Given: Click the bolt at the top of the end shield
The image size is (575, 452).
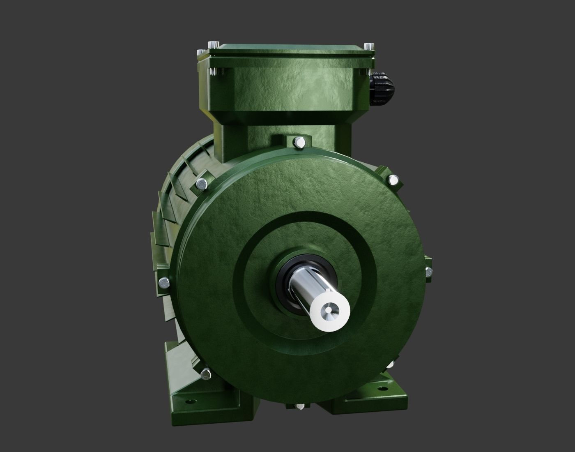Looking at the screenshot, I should point(299,143).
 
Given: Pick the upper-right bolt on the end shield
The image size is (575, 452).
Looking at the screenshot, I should point(393,179).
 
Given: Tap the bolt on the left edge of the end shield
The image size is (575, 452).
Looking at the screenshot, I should point(163,282).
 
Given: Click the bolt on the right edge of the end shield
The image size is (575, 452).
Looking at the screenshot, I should point(428,271).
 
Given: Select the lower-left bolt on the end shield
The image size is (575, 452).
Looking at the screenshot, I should point(206,374).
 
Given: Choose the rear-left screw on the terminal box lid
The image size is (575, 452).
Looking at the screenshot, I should point(213,44).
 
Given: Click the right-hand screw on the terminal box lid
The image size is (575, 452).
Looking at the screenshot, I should point(369,45).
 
